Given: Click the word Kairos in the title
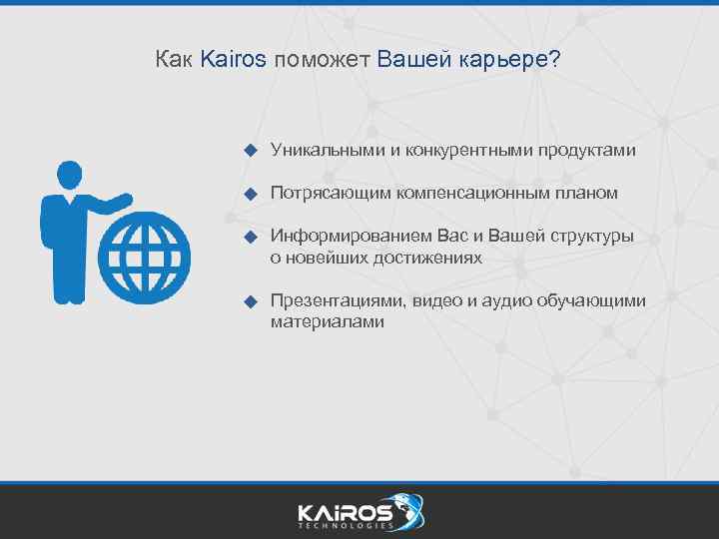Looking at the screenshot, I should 233,59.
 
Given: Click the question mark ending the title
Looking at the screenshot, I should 554,59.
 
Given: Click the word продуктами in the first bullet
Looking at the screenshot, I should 587,150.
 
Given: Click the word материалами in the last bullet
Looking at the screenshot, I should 327,321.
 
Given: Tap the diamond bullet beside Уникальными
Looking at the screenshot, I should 252,151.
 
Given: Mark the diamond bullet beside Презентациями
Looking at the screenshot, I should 252,301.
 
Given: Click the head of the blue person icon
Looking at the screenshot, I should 68,175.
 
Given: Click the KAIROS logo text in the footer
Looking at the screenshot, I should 345,512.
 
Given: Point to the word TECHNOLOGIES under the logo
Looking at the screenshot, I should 345,527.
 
